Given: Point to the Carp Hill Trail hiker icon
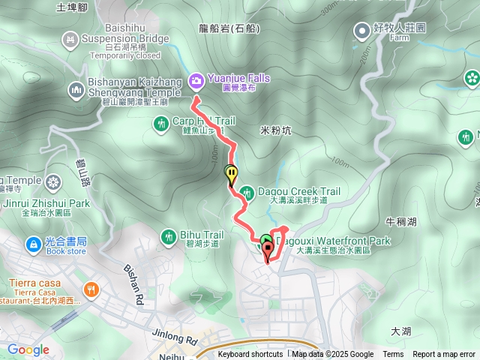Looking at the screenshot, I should [x=160, y=123].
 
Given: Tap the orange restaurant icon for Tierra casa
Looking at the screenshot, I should [x=91, y=289].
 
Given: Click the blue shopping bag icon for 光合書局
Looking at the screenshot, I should [x=33, y=244].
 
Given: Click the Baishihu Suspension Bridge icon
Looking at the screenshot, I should [x=70, y=37].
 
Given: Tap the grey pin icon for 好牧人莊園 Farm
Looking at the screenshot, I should [x=362, y=30].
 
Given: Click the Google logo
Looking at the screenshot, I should [x=28, y=349].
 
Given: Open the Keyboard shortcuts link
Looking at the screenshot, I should [x=250, y=355].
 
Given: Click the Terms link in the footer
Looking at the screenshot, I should [x=393, y=355].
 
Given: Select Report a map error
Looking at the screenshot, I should [x=444, y=355].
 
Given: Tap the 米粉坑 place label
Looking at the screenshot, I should [x=275, y=130].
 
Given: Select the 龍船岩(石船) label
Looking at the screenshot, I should [x=230, y=29].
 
